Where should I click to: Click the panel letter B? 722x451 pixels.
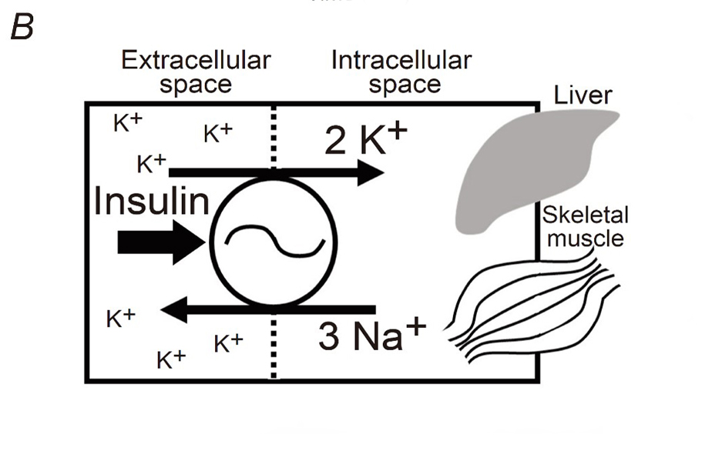(21, 28)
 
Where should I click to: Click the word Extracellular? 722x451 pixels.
(196, 61)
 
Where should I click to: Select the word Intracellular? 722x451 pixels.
(401, 61)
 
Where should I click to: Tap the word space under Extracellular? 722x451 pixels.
(196, 84)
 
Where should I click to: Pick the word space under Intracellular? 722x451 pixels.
(405, 84)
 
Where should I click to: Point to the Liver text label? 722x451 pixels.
(583, 95)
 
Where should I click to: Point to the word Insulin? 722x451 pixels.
(152, 202)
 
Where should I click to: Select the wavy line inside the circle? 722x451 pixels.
(274, 239)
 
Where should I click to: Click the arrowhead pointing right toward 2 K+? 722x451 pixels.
(370, 173)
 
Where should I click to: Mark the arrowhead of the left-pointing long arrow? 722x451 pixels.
(173, 310)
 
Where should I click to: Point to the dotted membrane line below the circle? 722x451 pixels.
(273, 346)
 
